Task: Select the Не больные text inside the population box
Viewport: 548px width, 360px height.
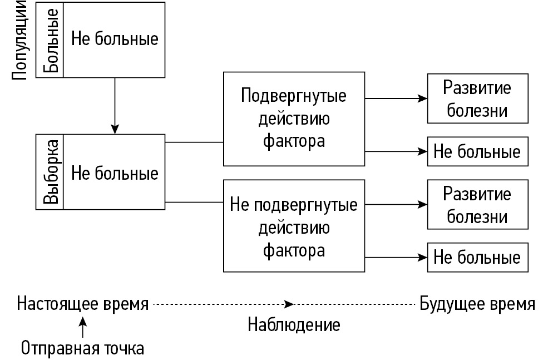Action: pos(115,40)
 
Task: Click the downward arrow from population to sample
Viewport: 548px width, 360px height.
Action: pos(115,106)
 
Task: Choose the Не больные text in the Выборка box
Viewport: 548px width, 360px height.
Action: pos(115,173)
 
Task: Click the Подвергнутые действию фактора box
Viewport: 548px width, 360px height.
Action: pos(293,119)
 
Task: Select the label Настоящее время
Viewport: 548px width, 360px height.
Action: pos(83,304)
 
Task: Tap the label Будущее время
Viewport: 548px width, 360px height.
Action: pos(477,304)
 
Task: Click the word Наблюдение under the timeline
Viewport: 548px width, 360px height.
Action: pos(293,324)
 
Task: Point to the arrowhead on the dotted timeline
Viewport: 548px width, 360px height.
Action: pos(289,304)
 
